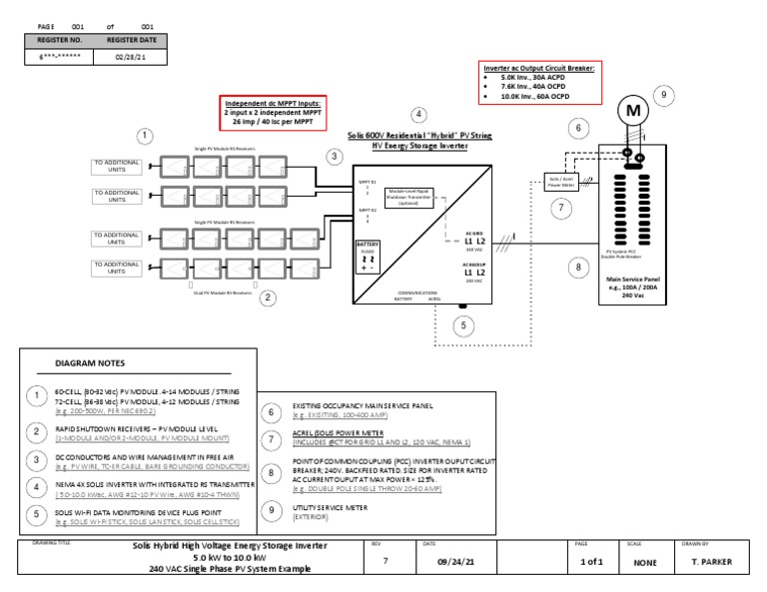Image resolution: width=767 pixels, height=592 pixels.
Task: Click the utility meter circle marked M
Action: (x=632, y=113)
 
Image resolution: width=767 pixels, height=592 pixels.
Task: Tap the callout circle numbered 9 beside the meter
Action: (x=667, y=95)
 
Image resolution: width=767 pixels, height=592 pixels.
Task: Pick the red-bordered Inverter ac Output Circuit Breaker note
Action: (x=540, y=84)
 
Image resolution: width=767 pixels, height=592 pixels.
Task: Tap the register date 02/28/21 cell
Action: (x=125, y=57)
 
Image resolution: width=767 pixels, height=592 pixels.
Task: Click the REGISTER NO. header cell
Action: (x=59, y=41)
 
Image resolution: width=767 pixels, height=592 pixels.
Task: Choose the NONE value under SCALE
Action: (x=645, y=563)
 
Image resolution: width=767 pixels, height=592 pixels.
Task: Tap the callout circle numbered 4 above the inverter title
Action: (x=419, y=115)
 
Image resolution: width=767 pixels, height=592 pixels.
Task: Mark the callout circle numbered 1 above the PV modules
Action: (x=146, y=136)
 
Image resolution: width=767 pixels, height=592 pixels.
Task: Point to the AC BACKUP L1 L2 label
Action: (x=474, y=270)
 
